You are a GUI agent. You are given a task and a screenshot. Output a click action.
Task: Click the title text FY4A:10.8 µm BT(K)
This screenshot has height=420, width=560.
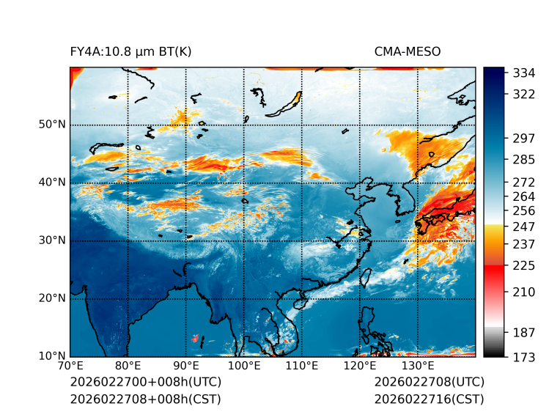[130, 51]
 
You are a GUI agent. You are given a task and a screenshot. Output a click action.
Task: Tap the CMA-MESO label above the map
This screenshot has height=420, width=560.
[408, 51]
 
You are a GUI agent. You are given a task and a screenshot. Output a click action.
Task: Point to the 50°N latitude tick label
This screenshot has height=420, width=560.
[51, 125]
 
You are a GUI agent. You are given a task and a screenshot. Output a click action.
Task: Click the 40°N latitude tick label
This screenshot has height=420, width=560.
[51, 183]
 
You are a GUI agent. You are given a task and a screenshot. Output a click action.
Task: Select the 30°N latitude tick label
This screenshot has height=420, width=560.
[51, 240]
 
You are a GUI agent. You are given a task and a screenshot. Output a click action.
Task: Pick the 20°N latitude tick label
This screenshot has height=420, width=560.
[51, 298]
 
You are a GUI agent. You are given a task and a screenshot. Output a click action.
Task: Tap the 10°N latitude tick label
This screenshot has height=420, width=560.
[51, 356]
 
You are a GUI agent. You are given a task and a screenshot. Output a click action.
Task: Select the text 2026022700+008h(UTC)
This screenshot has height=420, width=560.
[145, 383]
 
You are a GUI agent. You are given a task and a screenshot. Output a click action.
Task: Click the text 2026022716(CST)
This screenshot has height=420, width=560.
[429, 399]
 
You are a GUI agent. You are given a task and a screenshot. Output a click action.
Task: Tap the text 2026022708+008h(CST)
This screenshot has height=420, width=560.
[145, 399]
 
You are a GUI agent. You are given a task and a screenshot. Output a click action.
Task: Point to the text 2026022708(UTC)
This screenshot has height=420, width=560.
[429, 383]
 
